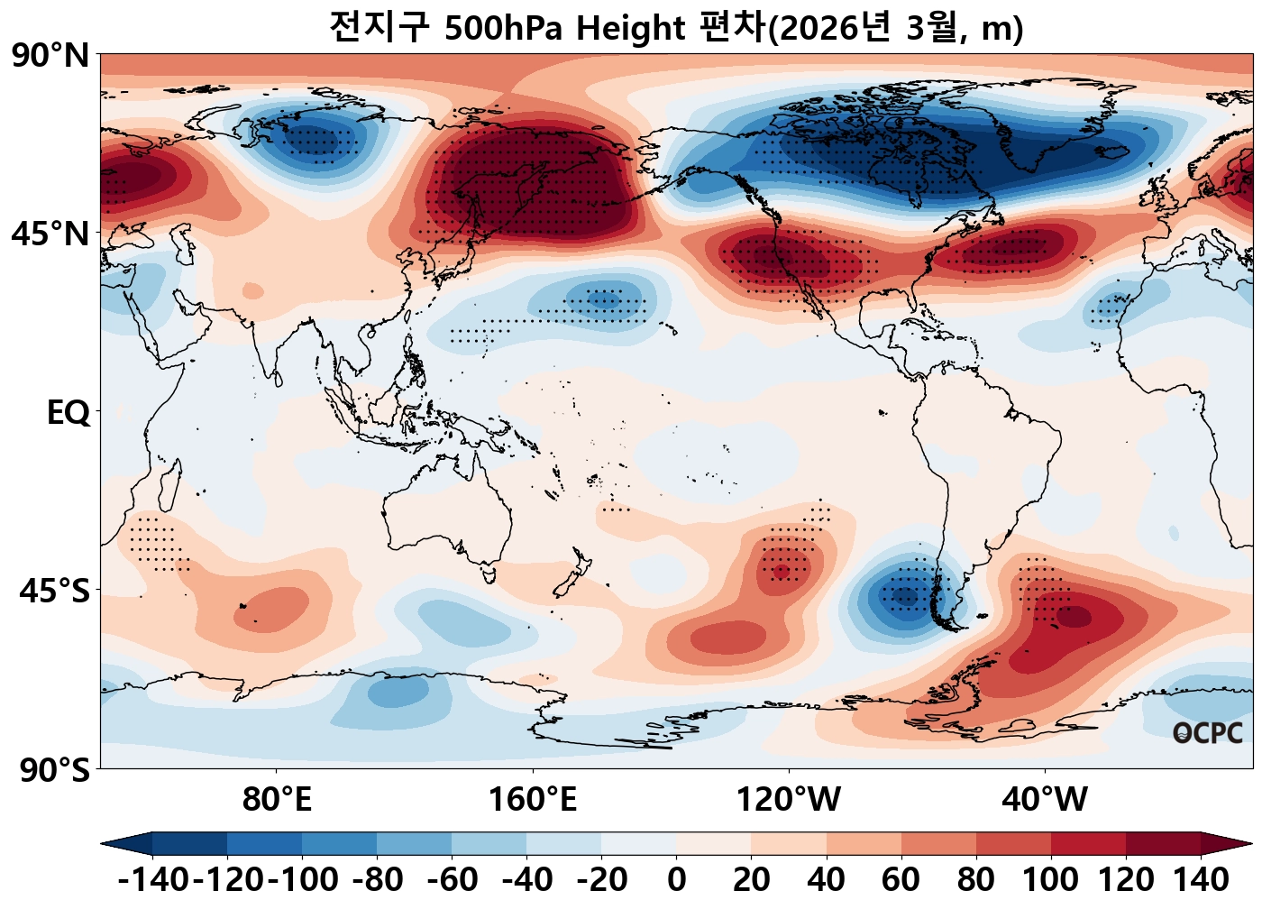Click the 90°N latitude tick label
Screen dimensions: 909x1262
[x=50, y=56]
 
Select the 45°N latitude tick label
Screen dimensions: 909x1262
[x=50, y=234]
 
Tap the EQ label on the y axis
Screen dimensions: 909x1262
[x=69, y=413]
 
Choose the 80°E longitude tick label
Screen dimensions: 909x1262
[x=277, y=799]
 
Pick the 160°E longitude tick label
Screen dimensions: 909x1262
[x=533, y=799]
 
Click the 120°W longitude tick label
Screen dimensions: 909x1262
[x=789, y=799]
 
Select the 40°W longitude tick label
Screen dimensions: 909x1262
[x=1045, y=799]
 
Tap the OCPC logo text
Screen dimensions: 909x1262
[x=1208, y=733]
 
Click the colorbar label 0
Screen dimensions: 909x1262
[x=677, y=879]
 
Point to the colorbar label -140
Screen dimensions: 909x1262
[x=153, y=879]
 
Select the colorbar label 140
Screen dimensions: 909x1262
[x=1201, y=879]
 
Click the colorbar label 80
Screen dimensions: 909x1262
[x=976, y=879]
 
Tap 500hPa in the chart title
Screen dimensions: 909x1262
[x=505, y=29]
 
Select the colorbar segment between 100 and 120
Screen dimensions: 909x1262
[x=1088, y=844]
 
